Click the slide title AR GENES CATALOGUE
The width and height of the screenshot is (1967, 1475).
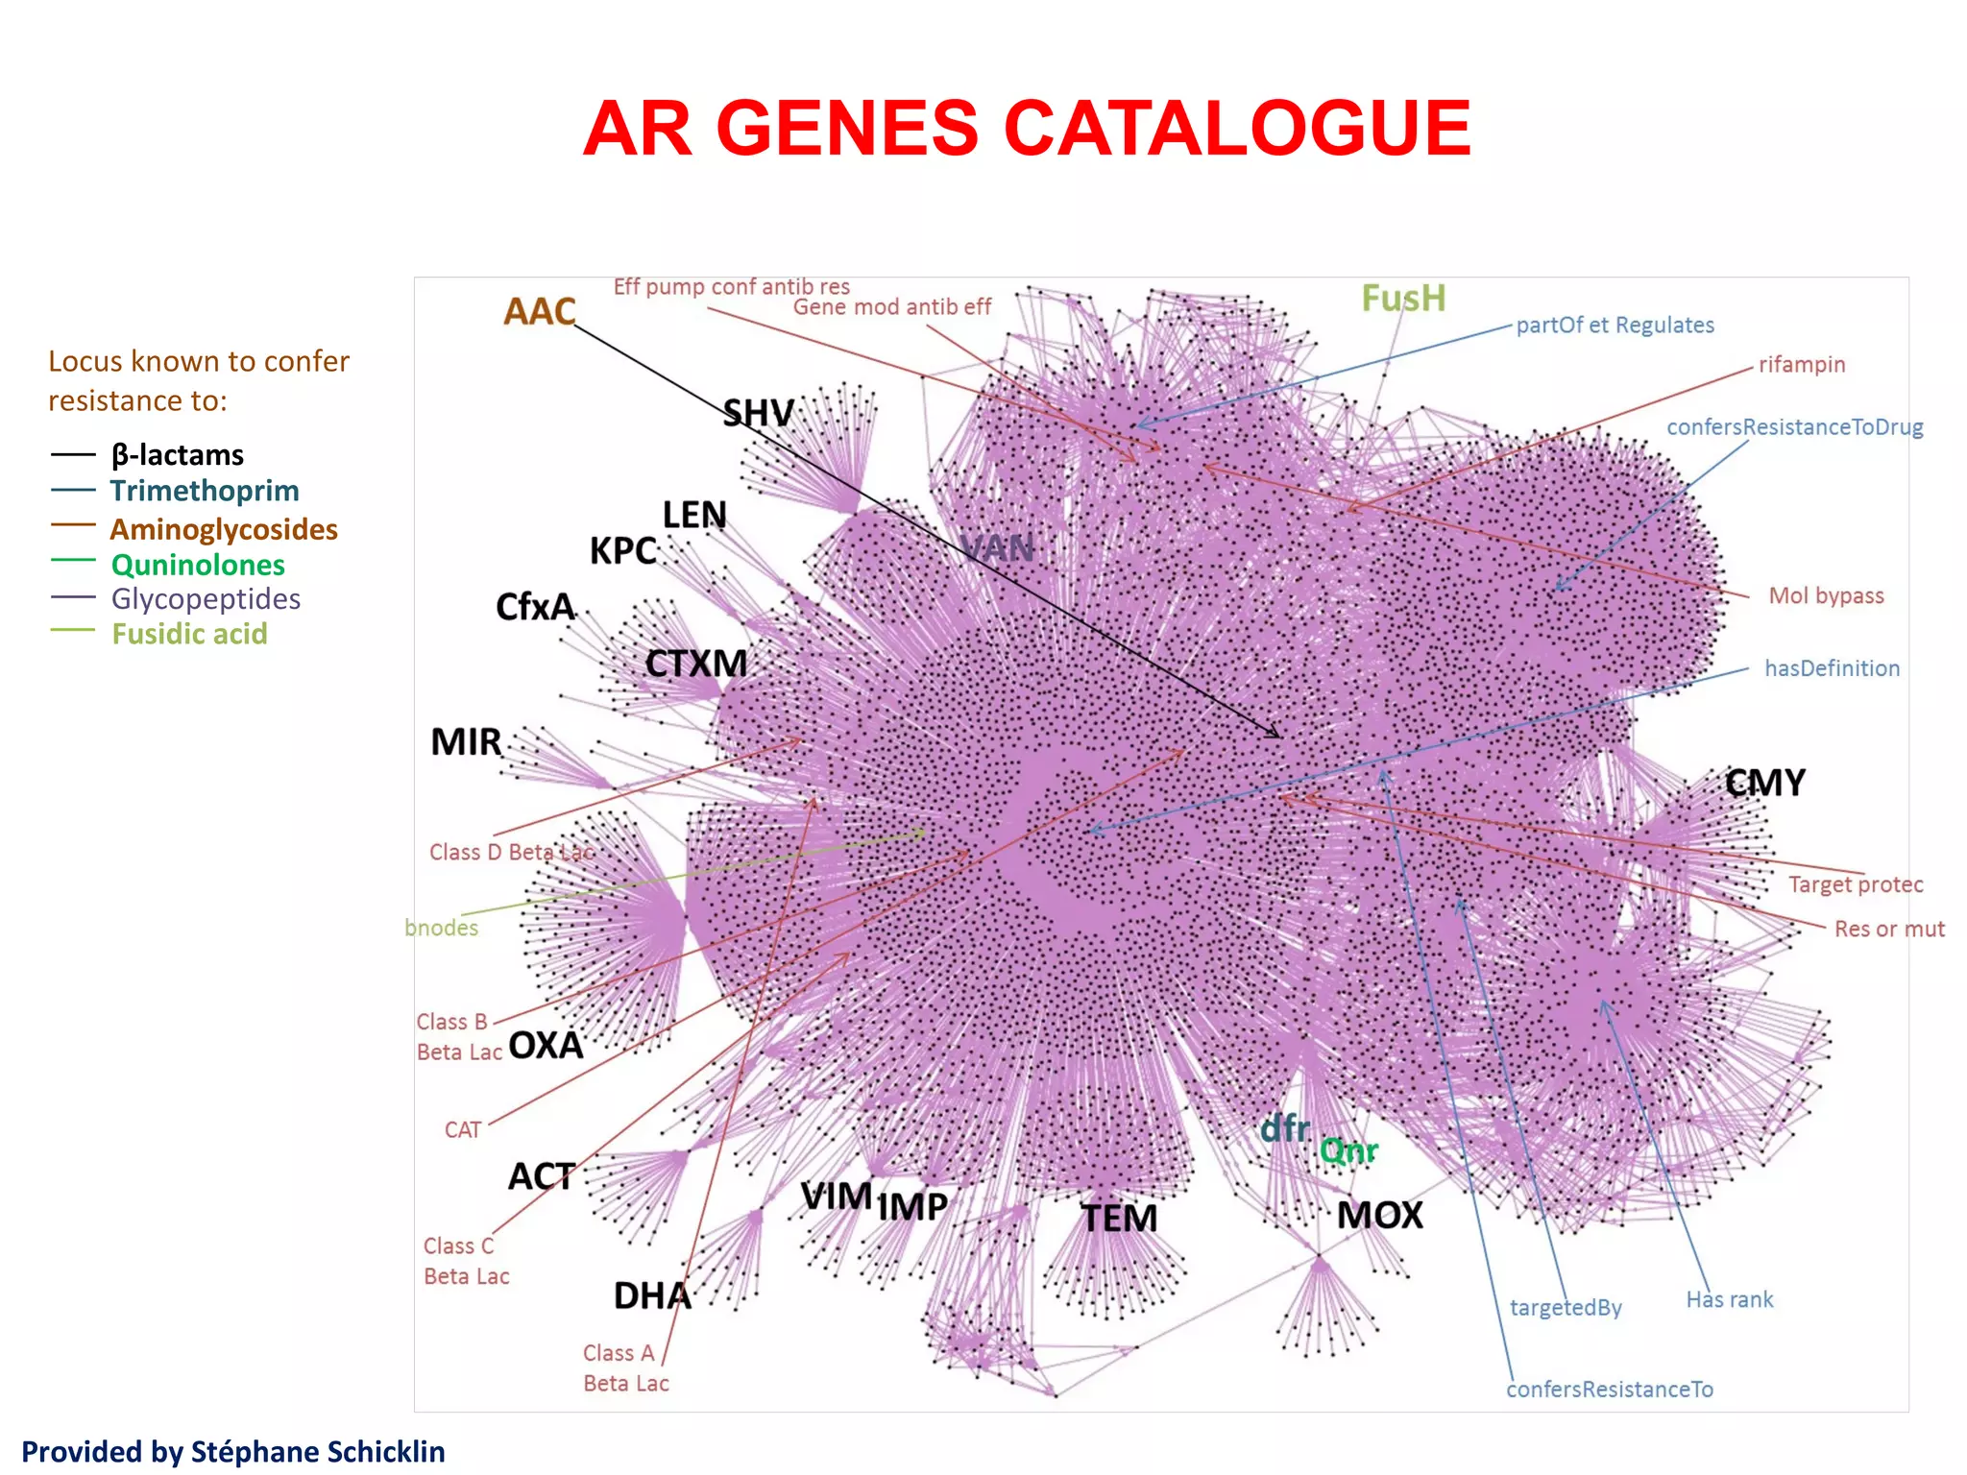coord(1027,129)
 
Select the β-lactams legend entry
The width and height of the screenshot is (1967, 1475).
coord(178,454)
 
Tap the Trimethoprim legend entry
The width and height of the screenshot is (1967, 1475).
coord(204,491)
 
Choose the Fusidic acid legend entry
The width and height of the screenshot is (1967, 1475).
coord(189,634)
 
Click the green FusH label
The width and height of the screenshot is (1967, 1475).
coord(1403,299)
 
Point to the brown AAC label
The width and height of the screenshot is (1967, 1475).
coord(540,311)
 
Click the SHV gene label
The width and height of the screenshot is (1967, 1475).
coord(759,414)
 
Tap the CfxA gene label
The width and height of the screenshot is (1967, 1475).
coord(535,607)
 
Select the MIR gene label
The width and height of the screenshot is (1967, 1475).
coord(466,742)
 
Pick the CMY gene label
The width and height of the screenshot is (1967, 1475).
coord(1765,783)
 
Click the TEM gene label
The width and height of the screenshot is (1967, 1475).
coord(1119,1219)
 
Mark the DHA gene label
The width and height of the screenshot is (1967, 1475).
coord(652,1296)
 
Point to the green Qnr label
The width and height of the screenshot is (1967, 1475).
coord(1348,1150)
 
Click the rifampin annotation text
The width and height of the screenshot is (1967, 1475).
coord(1802,365)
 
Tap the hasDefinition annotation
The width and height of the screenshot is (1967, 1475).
coord(1832,668)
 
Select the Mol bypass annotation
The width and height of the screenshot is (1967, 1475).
coord(1826,595)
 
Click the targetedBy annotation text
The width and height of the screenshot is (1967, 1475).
coord(1566,1308)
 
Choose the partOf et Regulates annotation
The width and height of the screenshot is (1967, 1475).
coord(1615,326)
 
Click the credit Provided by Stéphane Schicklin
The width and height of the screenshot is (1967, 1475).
coord(233,1451)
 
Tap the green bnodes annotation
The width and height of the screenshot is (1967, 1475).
coord(442,928)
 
